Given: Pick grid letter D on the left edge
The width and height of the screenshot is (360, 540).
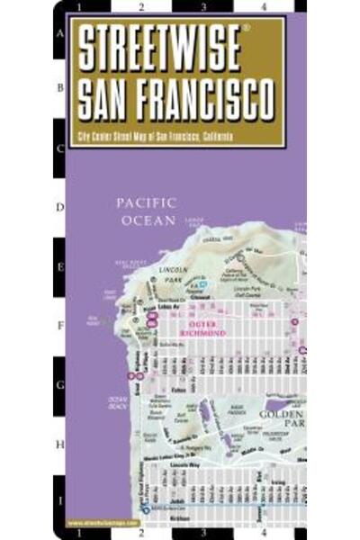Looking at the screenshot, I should tap(60, 207).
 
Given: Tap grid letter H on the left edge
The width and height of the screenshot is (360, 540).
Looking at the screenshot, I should tap(60, 444).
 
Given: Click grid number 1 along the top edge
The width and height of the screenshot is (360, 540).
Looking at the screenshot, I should tap(79, 7).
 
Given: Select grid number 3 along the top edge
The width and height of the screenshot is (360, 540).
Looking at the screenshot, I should tap(203, 7).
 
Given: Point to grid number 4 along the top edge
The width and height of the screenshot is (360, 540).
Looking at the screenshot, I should tap(263, 7).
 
